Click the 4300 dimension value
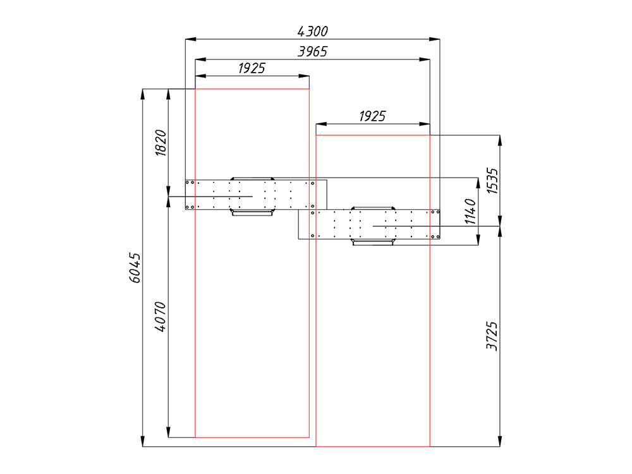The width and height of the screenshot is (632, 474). click(312, 31)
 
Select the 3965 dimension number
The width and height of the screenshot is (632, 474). click(312, 52)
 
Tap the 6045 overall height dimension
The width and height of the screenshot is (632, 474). click(135, 267)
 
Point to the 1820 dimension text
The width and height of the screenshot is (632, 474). click(161, 143)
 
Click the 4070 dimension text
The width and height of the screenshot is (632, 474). click(161, 317)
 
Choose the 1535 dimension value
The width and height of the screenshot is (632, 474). click(492, 181)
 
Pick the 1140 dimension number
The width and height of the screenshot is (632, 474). click(470, 211)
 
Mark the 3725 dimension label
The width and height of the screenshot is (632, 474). click(492, 336)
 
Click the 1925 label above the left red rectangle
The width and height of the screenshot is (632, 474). click(252, 68)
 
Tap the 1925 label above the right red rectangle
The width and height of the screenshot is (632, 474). click(372, 116)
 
